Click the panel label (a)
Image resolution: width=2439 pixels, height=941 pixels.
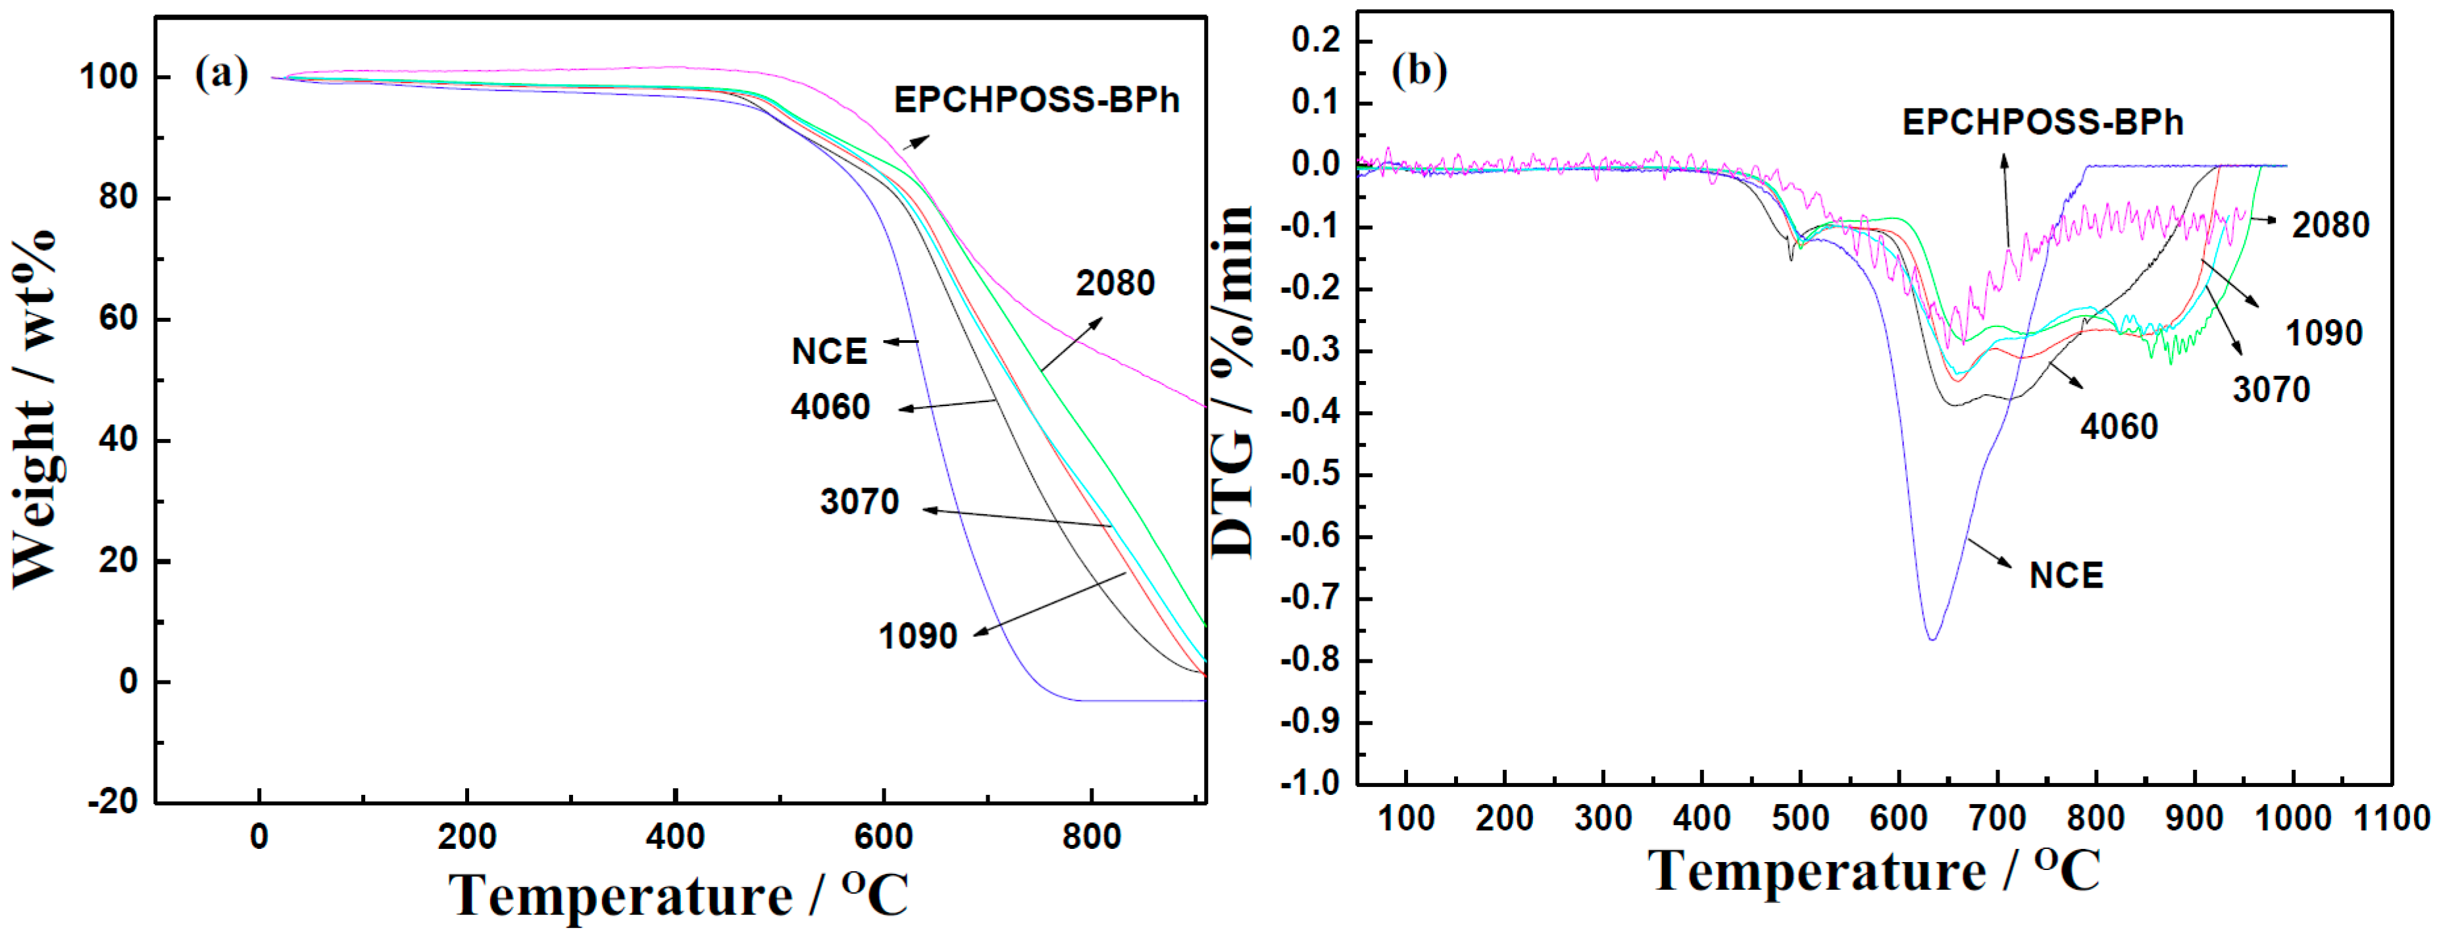click(220, 73)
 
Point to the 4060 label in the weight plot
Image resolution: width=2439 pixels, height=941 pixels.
click(830, 407)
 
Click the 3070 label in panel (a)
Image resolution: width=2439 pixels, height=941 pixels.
click(859, 501)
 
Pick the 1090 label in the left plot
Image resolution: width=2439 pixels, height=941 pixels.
click(917, 636)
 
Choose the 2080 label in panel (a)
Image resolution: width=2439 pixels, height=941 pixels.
click(1115, 283)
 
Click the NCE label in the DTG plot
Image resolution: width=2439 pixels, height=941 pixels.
click(2065, 576)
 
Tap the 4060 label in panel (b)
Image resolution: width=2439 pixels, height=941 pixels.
click(2118, 427)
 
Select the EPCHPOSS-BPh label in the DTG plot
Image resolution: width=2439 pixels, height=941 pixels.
click(2042, 123)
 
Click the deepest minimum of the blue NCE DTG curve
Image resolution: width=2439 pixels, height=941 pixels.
click(1932, 639)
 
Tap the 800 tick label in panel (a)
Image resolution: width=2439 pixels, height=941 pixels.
click(1091, 837)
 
